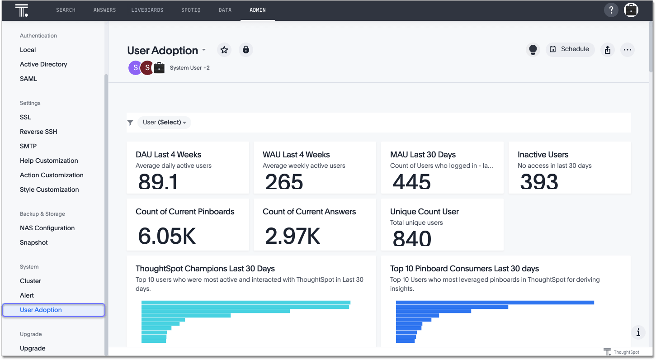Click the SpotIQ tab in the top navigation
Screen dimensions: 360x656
[x=190, y=10]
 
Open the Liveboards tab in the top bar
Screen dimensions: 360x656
[x=147, y=10]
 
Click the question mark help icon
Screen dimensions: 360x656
[x=611, y=10]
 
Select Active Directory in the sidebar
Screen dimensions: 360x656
[x=43, y=64]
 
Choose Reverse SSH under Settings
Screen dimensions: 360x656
[x=38, y=132]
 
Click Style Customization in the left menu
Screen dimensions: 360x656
[x=49, y=189]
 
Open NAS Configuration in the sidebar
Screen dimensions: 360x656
[x=47, y=228]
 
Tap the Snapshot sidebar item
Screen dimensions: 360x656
[x=34, y=242]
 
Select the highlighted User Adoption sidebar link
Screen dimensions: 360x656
[x=41, y=310]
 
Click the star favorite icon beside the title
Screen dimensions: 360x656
[x=224, y=50]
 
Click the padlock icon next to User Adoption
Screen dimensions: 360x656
[x=245, y=50]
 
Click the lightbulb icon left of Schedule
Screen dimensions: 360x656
[x=533, y=50]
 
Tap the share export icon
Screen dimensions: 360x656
[x=608, y=50]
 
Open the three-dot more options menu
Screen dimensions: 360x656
[x=627, y=50]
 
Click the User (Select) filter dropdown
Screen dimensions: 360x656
[x=164, y=122]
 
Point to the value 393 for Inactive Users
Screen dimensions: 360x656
[x=539, y=182]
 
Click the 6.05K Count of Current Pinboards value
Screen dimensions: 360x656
[x=167, y=236]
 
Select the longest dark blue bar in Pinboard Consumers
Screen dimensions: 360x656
[x=495, y=303]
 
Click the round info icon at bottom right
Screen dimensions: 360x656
[x=638, y=333]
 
